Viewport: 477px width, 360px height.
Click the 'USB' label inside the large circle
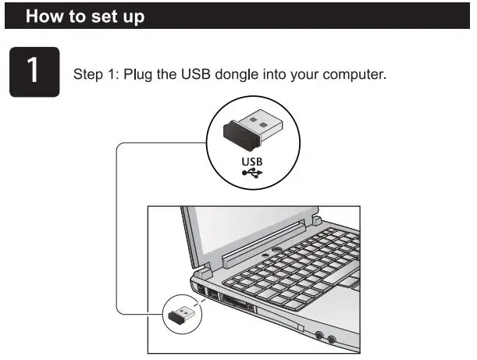252,162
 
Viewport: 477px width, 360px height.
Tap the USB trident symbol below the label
252,174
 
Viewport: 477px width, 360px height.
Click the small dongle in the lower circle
182,315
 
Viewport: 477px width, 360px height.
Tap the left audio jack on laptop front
320,337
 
